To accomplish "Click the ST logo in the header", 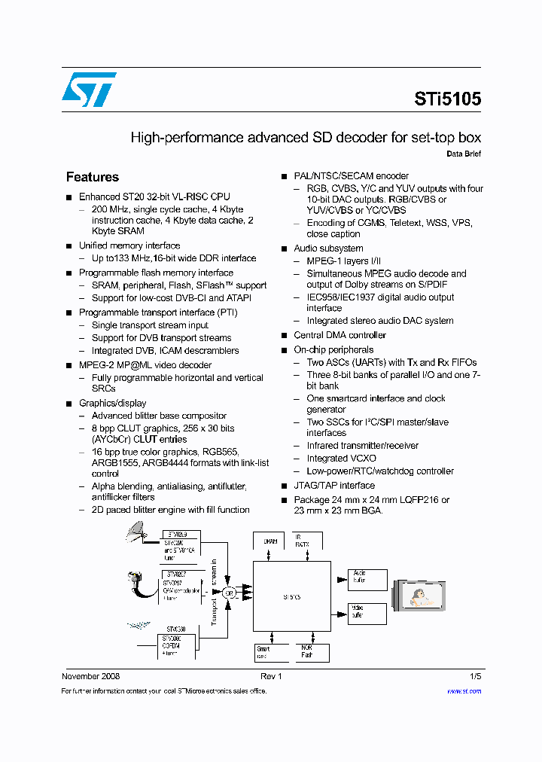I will point(89,90).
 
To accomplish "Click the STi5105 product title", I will point(447,99).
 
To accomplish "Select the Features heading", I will point(93,177).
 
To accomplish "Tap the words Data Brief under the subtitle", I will point(464,154).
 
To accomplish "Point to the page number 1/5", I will point(475,676).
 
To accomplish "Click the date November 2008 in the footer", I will point(90,676).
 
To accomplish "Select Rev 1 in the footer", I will point(271,676).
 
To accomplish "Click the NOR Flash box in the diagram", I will point(308,651).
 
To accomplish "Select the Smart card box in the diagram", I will point(266,651).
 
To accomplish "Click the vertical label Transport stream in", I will point(215,593).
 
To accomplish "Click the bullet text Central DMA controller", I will point(340,335).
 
